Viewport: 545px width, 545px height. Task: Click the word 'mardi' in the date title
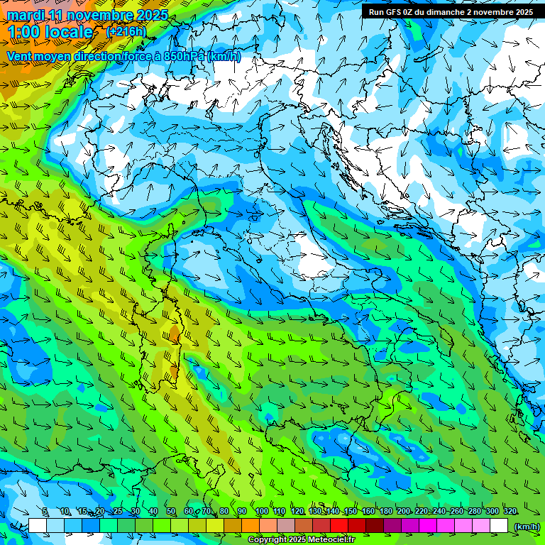[x=26, y=15]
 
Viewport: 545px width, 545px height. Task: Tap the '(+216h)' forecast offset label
[x=126, y=31]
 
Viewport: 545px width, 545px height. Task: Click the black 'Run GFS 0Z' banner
[x=451, y=11]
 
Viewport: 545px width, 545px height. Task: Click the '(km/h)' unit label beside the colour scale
[x=526, y=526]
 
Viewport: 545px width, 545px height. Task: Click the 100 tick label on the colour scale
[x=261, y=512]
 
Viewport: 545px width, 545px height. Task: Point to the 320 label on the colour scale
[x=510, y=512]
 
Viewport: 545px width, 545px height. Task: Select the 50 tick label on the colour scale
[x=171, y=512]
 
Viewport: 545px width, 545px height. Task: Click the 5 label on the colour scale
[x=45, y=512]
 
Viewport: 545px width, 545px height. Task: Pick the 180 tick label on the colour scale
[x=385, y=512]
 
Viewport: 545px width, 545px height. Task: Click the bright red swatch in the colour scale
[x=340, y=526]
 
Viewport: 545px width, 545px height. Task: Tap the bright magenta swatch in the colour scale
[x=429, y=526]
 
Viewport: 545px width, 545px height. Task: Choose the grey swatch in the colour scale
[x=286, y=526]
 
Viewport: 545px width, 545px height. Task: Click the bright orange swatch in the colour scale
[x=251, y=526]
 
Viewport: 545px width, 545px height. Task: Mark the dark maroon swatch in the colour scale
[x=375, y=526]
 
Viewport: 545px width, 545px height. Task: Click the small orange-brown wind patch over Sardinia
[x=175, y=333]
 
